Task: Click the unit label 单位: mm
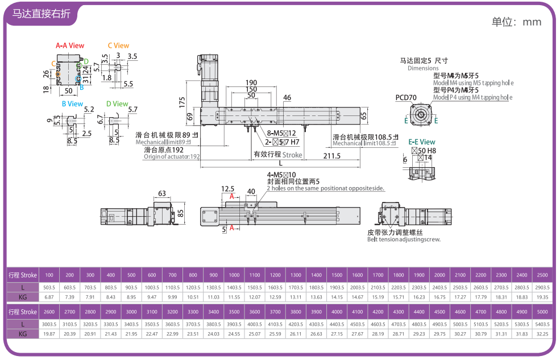pos(516,22)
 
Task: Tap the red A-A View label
pos(70,45)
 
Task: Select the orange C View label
pos(118,45)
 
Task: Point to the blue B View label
pos(72,104)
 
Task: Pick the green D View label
pos(117,104)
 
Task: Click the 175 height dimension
pos(182,102)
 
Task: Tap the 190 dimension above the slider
pos(251,82)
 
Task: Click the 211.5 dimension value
pos(332,156)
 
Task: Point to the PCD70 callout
pos(406,98)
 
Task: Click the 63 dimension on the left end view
pos(162,193)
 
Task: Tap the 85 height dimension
pos(181,213)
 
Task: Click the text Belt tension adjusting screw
pos(404,239)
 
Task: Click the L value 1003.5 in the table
pos(152,287)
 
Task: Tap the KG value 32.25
pos(542,334)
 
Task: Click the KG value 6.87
pos(49,297)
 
